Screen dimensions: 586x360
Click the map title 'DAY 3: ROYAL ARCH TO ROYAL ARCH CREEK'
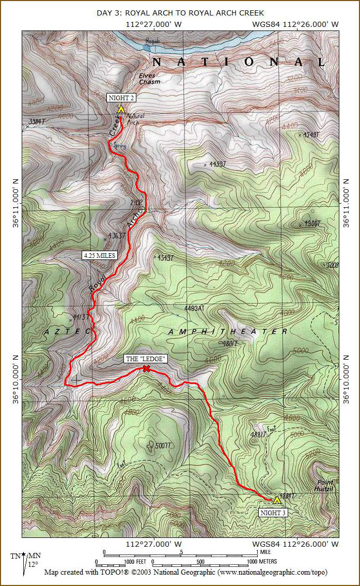(180, 12)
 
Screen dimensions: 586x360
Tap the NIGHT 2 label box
(121, 97)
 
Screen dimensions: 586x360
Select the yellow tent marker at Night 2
(121, 109)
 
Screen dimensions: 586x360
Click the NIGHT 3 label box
(273, 513)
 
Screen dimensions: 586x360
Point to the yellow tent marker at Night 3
(277, 500)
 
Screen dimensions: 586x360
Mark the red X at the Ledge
(146, 368)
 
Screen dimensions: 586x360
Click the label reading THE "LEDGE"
(146, 359)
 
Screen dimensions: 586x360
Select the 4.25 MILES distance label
(99, 255)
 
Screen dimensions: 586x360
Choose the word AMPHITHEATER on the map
(228, 331)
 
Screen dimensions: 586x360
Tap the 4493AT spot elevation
(194, 308)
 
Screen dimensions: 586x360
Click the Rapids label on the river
(152, 40)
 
